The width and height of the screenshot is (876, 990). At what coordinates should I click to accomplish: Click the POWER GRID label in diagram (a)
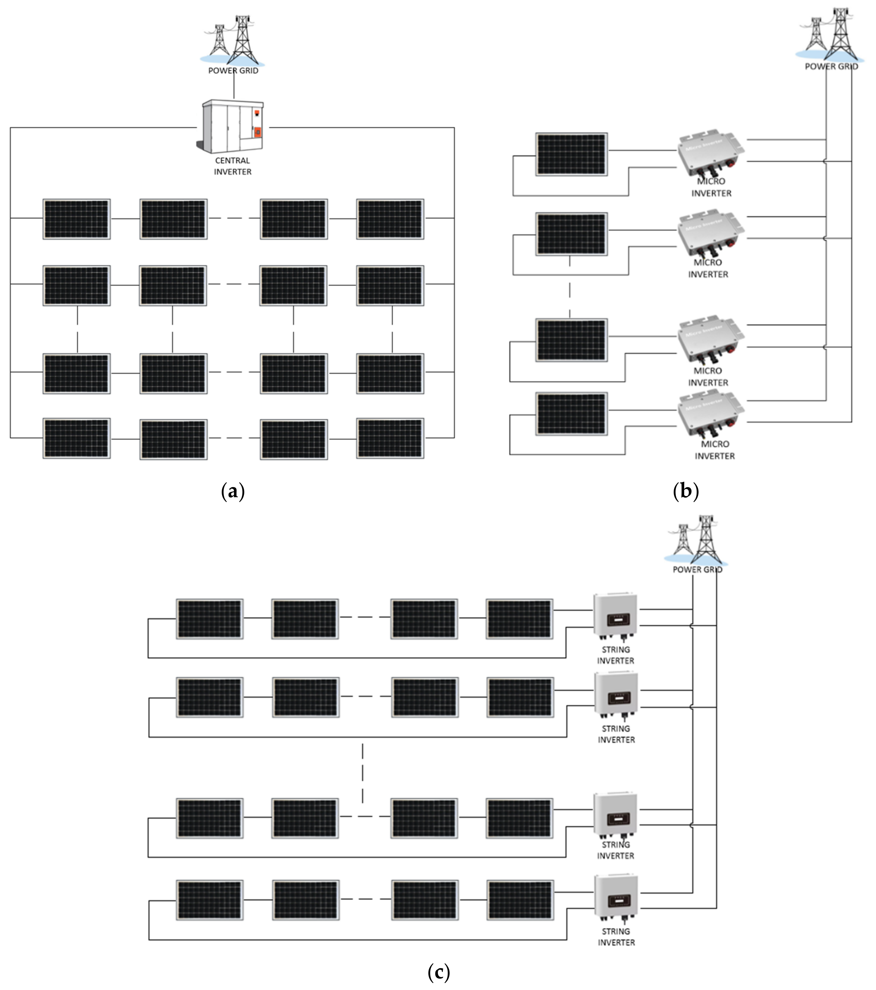click(x=233, y=71)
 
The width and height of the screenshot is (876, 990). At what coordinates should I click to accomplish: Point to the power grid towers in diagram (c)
click(x=697, y=540)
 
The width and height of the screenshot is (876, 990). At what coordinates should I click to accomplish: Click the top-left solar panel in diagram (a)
click(x=76, y=219)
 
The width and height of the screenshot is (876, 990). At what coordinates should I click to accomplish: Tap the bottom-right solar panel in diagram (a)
click(x=390, y=438)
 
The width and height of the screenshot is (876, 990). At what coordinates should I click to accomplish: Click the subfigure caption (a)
click(x=233, y=491)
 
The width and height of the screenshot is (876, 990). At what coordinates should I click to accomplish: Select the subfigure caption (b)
click(x=686, y=491)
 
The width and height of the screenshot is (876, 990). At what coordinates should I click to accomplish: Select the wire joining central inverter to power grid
click(x=234, y=87)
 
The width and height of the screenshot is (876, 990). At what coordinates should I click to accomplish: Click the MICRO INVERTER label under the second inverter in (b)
click(x=708, y=268)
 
